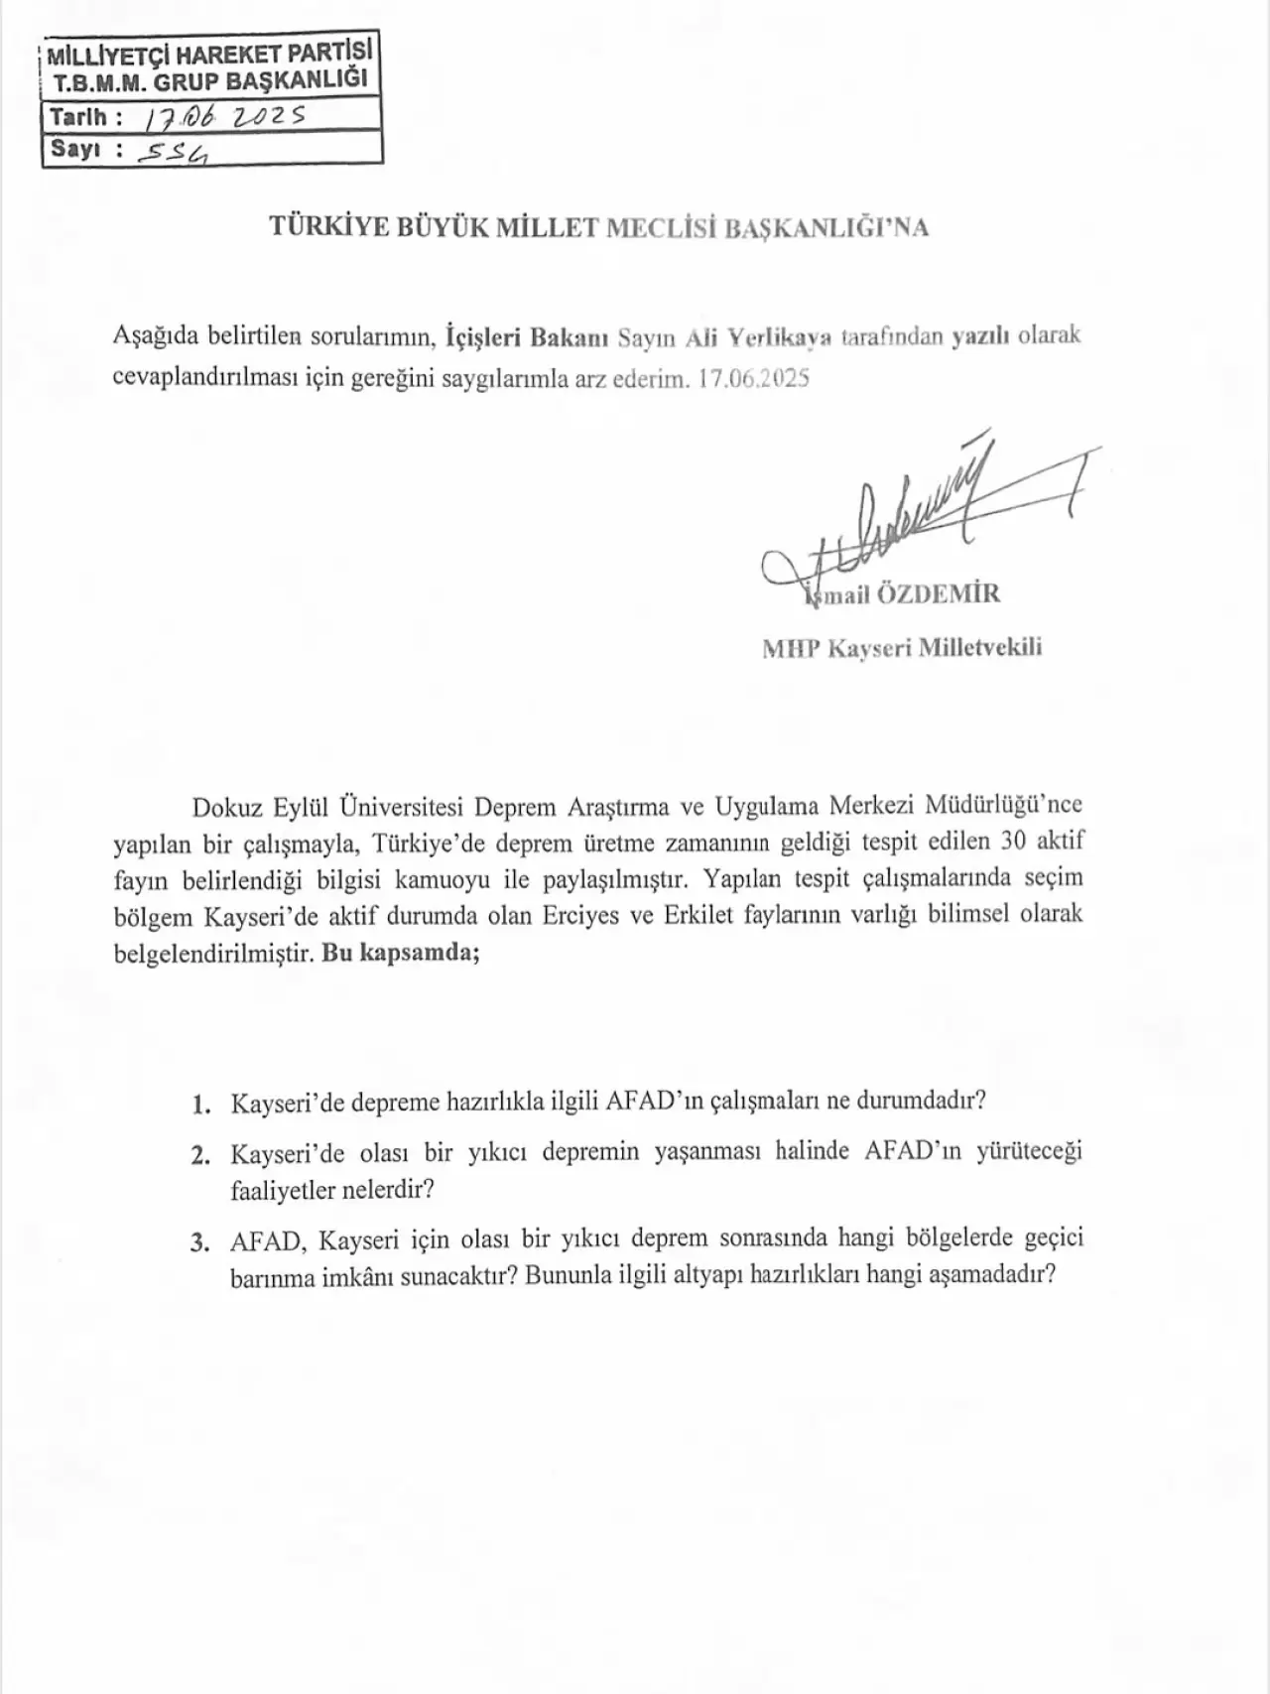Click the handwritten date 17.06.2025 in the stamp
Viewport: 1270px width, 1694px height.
[225, 117]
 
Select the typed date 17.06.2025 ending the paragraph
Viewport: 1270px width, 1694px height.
[754, 379]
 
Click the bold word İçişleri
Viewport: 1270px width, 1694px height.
[483, 336]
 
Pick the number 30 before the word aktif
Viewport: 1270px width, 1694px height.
[1012, 841]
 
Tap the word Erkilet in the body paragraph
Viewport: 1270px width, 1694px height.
[698, 915]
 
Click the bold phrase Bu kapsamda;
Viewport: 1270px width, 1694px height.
[401, 953]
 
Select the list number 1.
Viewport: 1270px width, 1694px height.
[201, 1104]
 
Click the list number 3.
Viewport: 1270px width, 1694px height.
[200, 1241]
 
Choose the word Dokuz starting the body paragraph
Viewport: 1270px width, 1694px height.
[223, 805]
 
